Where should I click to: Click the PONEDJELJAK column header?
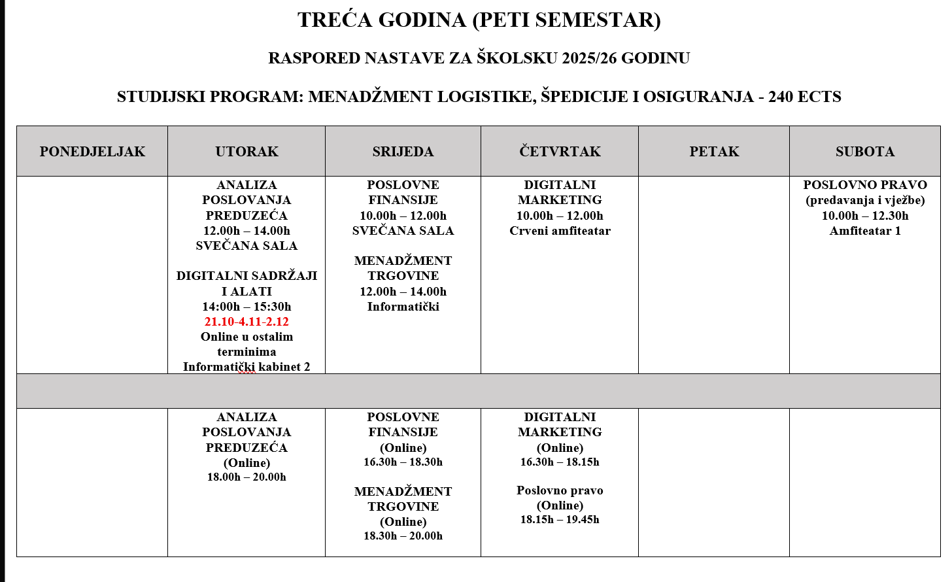92,152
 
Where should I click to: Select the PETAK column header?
714,152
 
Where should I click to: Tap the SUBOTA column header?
864,152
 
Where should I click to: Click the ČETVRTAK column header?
560,152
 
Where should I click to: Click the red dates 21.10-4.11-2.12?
246,322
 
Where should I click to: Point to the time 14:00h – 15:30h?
246,307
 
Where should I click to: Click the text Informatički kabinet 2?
246,367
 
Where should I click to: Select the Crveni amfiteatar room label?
560,231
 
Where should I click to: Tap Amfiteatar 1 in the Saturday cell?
864,231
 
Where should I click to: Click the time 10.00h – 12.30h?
864,216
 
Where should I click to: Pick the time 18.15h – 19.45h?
560,520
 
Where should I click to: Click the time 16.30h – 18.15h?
560,462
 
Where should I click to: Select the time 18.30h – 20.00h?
403,536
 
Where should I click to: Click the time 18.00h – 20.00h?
246,477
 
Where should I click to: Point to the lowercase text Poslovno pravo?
560,490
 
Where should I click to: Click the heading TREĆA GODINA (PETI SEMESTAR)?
479,20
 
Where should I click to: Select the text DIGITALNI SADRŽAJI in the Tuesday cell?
246,276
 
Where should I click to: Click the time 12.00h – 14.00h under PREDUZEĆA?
246,231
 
